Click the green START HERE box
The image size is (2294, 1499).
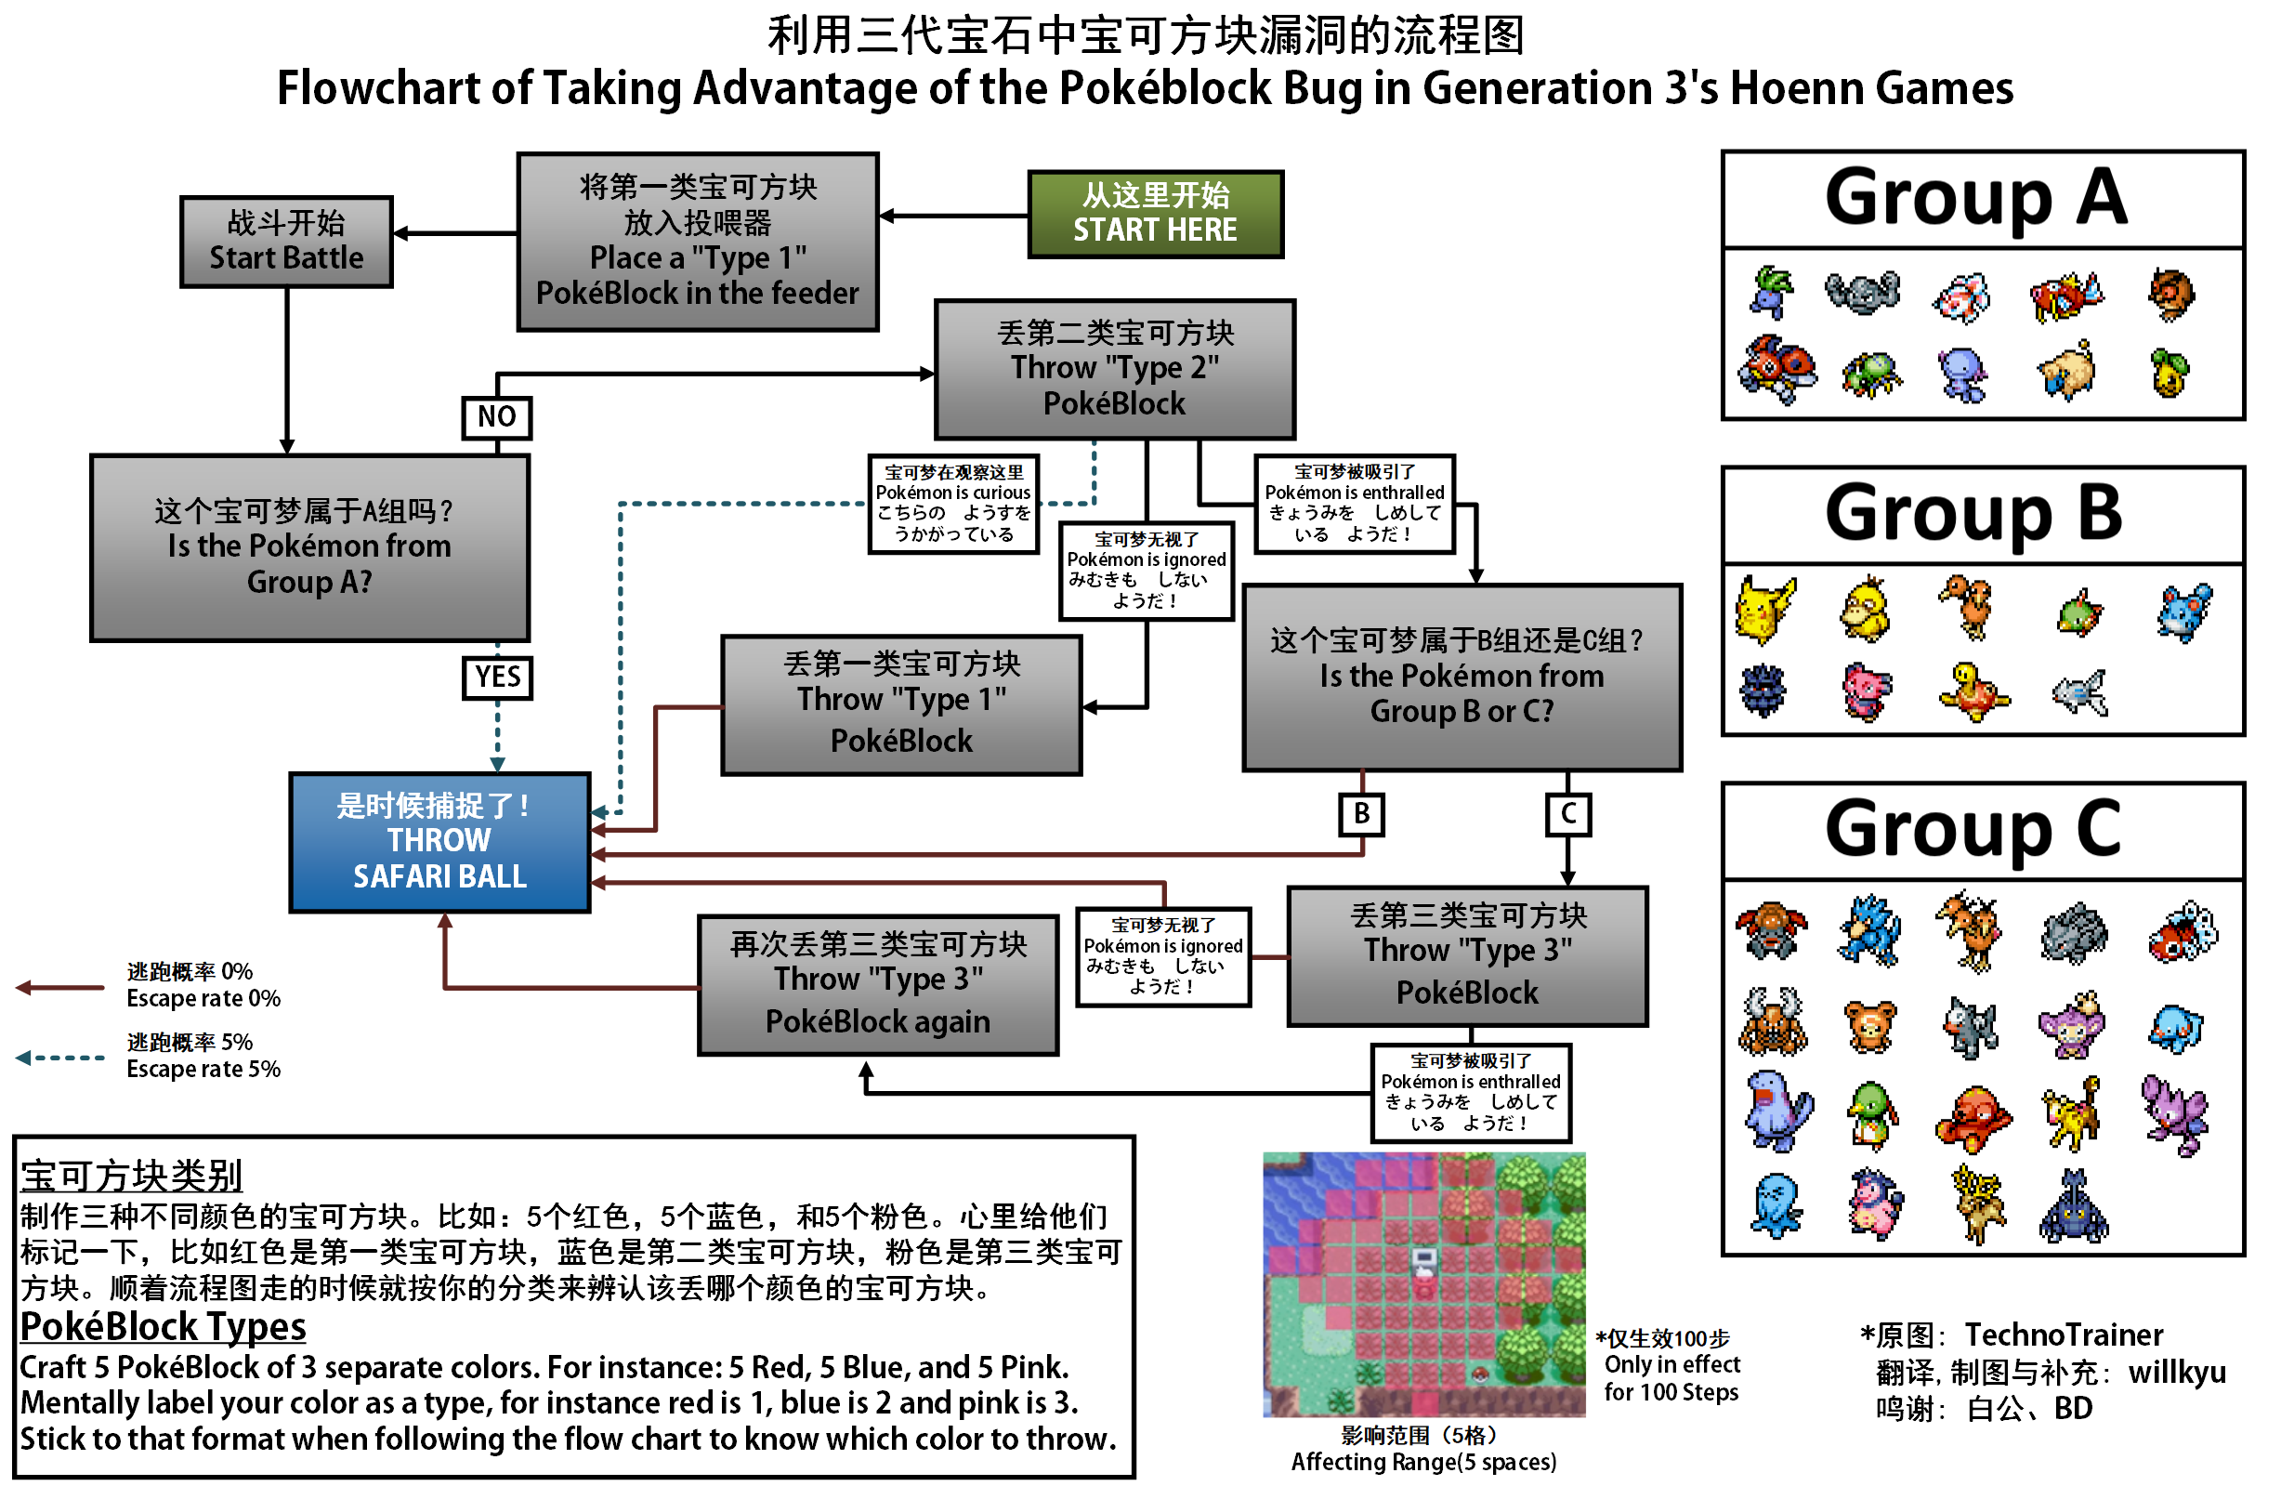(x=1155, y=214)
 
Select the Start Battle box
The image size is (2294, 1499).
(x=286, y=242)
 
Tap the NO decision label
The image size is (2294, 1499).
(x=496, y=417)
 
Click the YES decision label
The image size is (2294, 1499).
(x=497, y=677)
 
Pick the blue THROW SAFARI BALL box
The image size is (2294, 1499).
(x=439, y=842)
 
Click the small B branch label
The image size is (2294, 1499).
(x=1361, y=813)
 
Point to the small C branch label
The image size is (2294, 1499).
(x=1567, y=813)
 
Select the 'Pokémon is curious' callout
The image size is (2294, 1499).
(x=953, y=503)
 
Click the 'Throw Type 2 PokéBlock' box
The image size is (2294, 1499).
(x=1114, y=369)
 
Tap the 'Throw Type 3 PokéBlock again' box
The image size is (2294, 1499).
(x=877, y=984)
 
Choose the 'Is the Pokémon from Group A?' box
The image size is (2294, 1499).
(x=309, y=546)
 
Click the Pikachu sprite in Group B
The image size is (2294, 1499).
(x=1764, y=611)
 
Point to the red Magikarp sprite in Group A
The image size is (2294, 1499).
(x=2065, y=295)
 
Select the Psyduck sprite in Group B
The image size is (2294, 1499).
(x=1866, y=611)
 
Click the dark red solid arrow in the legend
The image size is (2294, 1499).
(x=59, y=987)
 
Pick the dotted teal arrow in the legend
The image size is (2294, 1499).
(x=59, y=1058)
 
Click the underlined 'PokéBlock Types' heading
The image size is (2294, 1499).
(x=163, y=1327)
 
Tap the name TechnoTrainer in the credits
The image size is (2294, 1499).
(x=2064, y=1335)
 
